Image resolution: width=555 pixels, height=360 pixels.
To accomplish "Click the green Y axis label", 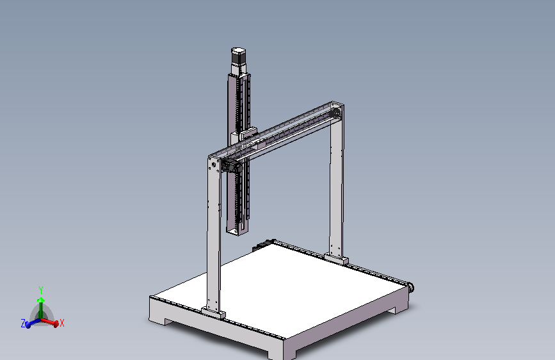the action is coord(41,290).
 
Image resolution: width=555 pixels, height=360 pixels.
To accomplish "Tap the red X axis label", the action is coord(62,323).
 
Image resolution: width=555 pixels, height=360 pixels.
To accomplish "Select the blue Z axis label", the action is coord(23,323).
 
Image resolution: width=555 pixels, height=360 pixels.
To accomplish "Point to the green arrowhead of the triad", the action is coord(41,300).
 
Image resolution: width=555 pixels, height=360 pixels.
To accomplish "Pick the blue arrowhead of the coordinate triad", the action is coord(28,325).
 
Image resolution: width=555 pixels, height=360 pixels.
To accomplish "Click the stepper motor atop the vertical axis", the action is coord(239,60).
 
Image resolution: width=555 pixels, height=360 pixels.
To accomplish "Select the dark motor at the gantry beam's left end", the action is coord(231,166).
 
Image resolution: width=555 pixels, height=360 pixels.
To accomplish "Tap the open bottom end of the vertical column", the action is coord(237,231).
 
